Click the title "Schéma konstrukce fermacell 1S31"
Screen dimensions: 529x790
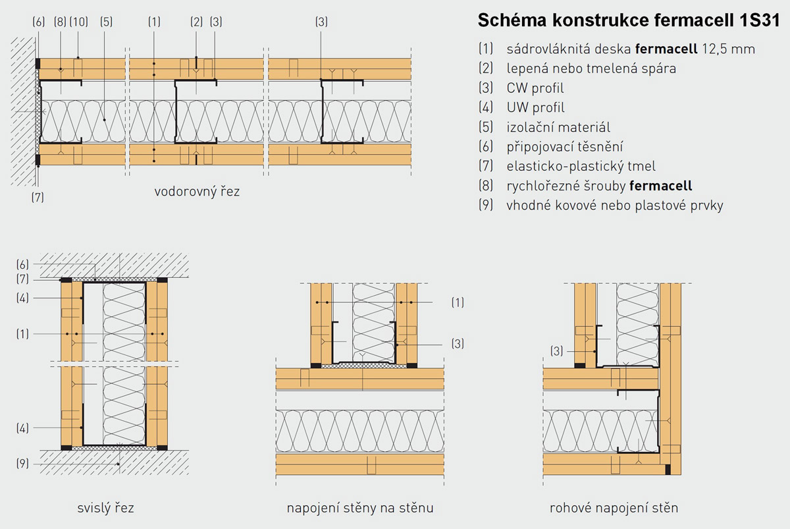click(628, 21)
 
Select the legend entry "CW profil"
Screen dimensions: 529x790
click(535, 88)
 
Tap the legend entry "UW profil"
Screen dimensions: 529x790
click(535, 107)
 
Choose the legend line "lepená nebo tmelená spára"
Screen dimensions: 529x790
click(583, 68)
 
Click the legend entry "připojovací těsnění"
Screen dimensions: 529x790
click(565, 147)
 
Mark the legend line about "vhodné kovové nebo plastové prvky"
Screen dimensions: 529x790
click(614, 206)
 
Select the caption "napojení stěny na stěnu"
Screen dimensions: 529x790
click(360, 508)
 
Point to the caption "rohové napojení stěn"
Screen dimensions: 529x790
click(614, 508)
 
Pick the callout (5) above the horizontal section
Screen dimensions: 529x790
click(106, 22)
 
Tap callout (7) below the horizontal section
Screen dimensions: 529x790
click(38, 196)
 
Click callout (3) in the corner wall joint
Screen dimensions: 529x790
click(557, 352)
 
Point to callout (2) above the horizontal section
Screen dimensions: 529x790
click(196, 22)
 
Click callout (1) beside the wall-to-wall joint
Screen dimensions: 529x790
click(458, 302)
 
